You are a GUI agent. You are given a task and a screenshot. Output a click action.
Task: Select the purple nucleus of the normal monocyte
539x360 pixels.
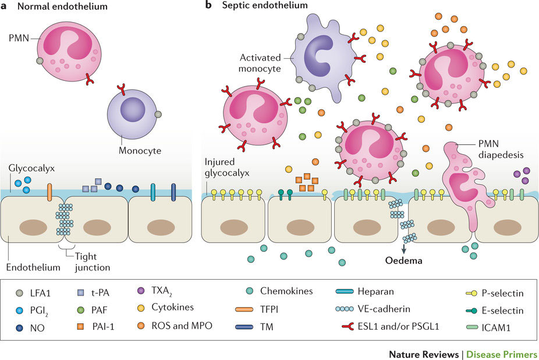[133, 109]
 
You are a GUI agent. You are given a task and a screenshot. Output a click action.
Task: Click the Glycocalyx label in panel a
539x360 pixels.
[27, 167]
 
